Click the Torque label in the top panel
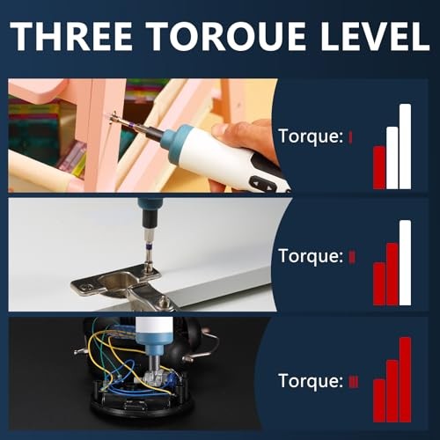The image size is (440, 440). (x=310, y=136)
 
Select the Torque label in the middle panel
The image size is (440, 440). (x=310, y=256)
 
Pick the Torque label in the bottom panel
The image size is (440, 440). (x=310, y=381)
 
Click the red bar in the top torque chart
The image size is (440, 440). (x=379, y=167)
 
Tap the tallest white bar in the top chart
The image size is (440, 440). (x=405, y=146)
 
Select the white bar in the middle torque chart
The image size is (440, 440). (x=405, y=262)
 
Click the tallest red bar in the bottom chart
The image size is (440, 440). (x=405, y=379)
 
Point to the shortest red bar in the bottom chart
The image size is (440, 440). (x=379, y=400)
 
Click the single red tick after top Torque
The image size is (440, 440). (x=350, y=136)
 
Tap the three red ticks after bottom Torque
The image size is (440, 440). (x=353, y=381)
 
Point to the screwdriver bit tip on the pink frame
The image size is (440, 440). (x=112, y=118)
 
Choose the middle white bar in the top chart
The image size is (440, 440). (x=392, y=158)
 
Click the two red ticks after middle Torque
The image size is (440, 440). (x=352, y=256)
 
